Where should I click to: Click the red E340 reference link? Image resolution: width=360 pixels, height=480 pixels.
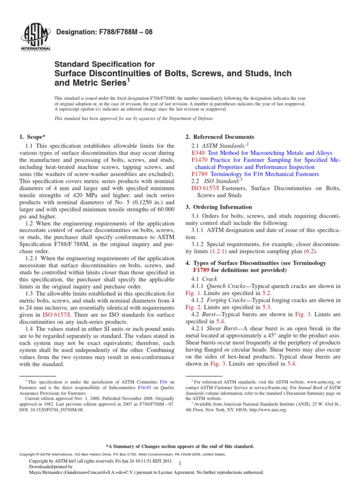coord(199,153)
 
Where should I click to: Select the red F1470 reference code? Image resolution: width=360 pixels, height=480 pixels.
coord(201,160)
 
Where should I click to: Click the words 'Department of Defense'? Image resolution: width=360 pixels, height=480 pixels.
coord(191,119)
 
